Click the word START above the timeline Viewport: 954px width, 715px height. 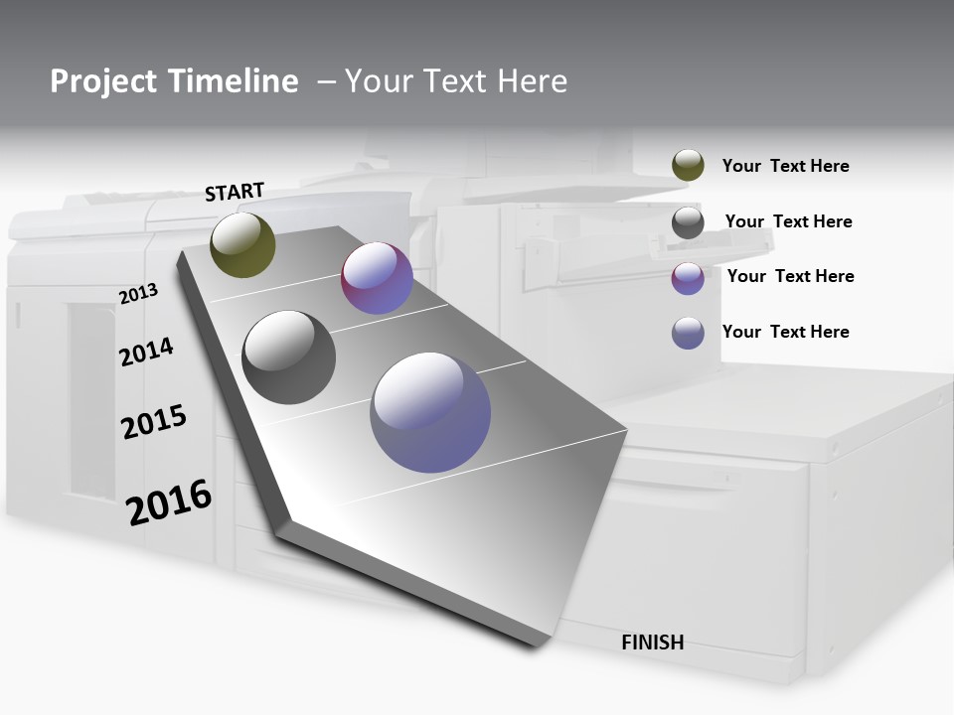tap(235, 192)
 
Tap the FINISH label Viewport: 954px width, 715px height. tap(653, 643)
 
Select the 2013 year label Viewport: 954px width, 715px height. tap(138, 294)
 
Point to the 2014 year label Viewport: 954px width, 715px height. tap(146, 352)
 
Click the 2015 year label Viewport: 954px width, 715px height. tap(154, 422)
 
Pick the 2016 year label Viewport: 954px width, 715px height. tap(169, 502)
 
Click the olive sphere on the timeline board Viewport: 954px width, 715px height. tap(242, 244)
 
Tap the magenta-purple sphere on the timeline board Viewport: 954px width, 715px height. tap(377, 278)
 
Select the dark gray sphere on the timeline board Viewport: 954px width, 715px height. tap(288, 357)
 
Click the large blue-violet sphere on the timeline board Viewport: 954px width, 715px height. tap(430, 412)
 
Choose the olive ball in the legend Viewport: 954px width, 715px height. tap(688, 165)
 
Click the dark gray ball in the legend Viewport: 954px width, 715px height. tap(688, 222)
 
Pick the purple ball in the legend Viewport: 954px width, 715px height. tap(688, 278)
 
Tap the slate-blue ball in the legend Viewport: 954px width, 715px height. tap(688, 333)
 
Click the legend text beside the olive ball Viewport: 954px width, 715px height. tap(785, 166)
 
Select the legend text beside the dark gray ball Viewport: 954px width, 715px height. tap(788, 221)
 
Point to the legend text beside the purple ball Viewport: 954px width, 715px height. tap(790, 276)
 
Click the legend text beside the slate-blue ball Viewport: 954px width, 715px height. tap(785, 332)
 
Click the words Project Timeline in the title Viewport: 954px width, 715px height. tap(174, 81)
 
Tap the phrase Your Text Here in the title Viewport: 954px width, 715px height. tap(456, 81)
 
